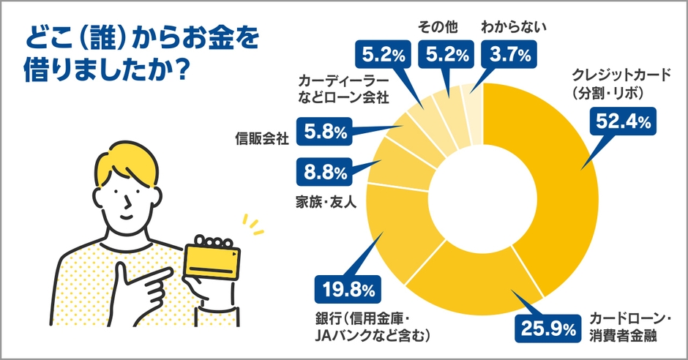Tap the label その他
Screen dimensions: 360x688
(437, 27)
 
